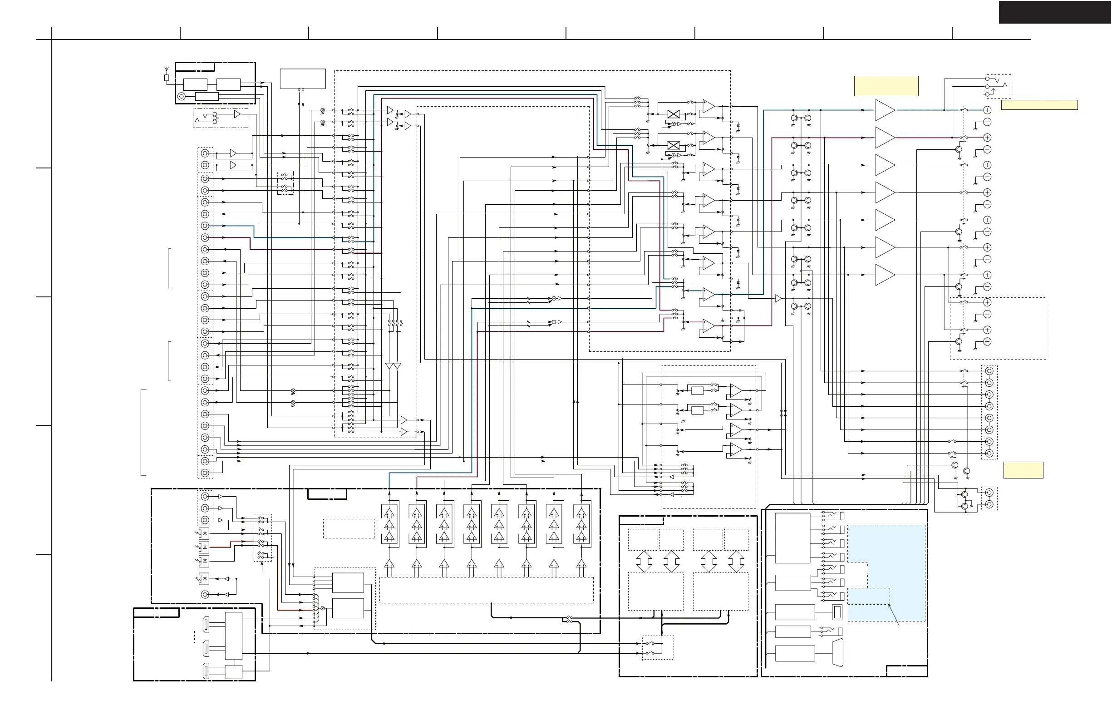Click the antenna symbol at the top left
(x=166, y=75)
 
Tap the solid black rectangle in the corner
(x=1054, y=12)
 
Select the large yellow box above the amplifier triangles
(x=886, y=86)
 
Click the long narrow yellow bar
(x=1039, y=105)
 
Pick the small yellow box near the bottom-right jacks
(x=1023, y=469)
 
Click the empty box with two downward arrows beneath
(x=303, y=79)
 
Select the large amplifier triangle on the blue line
(x=885, y=110)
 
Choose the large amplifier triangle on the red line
(x=885, y=138)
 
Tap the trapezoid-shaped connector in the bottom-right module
(x=838, y=653)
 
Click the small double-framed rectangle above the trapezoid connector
(x=837, y=612)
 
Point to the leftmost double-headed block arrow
(x=644, y=561)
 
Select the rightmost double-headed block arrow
(x=736, y=561)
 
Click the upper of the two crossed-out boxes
(x=673, y=114)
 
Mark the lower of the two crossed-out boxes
(x=673, y=145)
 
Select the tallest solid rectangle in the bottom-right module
(x=792, y=538)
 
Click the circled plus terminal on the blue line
(x=987, y=110)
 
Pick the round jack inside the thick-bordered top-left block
(x=182, y=97)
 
